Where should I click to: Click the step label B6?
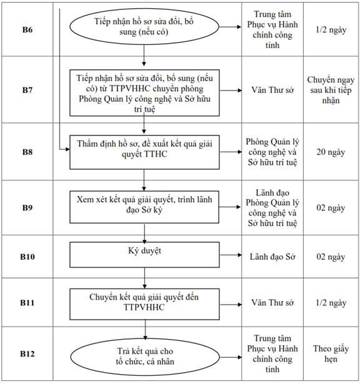click(27, 29)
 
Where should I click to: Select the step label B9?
click(27, 207)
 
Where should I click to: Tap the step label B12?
click(27, 353)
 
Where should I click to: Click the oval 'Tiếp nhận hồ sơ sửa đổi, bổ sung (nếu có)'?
click(144, 26)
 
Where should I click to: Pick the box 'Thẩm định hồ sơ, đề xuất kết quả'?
click(144, 152)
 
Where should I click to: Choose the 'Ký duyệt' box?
click(144, 255)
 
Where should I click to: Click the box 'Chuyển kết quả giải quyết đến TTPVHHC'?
click(144, 304)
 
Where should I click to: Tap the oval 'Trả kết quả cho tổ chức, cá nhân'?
click(145, 357)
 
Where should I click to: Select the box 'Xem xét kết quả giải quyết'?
click(144, 207)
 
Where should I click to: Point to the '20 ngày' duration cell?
click(331, 152)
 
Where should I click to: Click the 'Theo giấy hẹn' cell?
click(331, 353)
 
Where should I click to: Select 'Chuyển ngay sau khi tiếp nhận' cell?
click(331, 90)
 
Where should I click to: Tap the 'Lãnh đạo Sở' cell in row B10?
click(272, 257)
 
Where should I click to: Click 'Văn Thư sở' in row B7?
click(272, 90)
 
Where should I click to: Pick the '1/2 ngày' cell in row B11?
click(331, 303)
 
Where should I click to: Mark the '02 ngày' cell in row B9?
click(331, 208)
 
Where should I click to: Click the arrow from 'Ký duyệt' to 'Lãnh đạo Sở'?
click(231, 255)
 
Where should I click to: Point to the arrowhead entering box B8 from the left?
click(67, 149)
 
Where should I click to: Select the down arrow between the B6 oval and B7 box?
click(144, 56)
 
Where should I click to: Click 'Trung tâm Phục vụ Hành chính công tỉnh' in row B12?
click(272, 353)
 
